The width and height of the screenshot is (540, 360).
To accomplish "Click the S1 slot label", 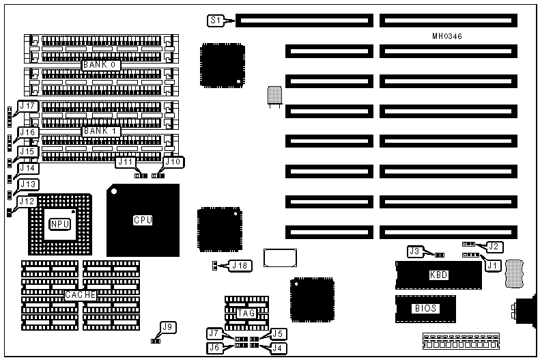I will (x=215, y=21).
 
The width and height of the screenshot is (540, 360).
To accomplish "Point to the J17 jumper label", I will (x=29, y=106).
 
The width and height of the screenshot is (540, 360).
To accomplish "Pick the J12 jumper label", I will (x=27, y=201).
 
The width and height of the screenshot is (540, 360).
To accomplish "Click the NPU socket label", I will (x=57, y=223).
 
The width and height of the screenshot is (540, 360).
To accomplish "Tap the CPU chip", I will (x=142, y=220).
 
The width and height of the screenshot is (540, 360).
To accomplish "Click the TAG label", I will (x=246, y=313).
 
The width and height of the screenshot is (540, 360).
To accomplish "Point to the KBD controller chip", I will (x=439, y=275).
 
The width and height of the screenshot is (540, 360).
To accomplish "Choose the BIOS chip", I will (x=425, y=308).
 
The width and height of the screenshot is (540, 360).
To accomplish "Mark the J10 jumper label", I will (x=174, y=162).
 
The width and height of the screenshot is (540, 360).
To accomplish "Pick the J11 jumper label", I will (x=126, y=162).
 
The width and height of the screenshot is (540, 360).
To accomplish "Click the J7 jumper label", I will (x=215, y=333).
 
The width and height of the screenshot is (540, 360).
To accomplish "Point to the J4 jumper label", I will (x=277, y=348).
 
